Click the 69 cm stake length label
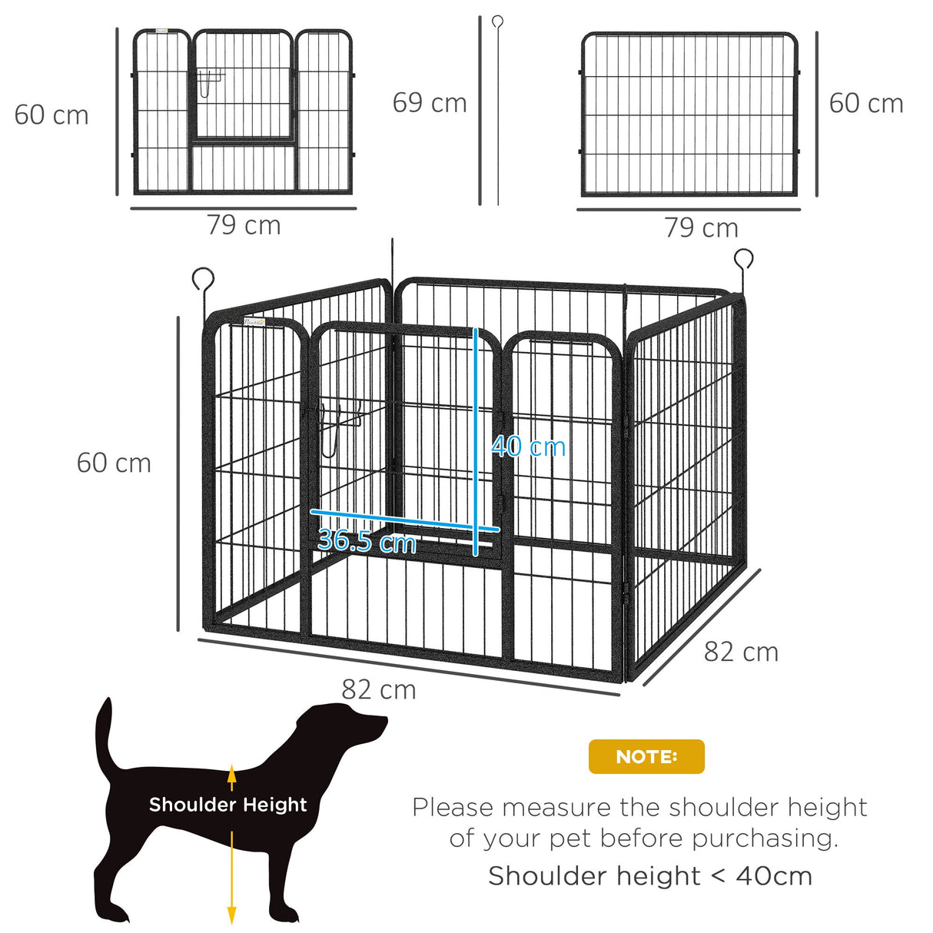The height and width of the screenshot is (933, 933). [x=430, y=103]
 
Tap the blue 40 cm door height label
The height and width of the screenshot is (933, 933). [x=529, y=447]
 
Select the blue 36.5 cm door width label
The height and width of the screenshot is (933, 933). [x=367, y=541]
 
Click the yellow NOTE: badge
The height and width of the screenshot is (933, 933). [x=646, y=757]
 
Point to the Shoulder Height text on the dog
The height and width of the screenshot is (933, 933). [x=227, y=805]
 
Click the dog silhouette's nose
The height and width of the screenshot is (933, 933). [x=383, y=722]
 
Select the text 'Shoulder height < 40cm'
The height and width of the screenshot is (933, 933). [x=650, y=876]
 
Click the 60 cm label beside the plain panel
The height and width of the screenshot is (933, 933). [x=866, y=104]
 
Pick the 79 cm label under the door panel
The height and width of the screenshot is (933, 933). [x=244, y=225]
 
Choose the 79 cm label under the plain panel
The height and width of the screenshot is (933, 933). [x=701, y=227]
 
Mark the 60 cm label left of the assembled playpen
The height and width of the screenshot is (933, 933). [x=114, y=463]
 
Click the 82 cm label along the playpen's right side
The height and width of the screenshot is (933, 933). [x=741, y=652]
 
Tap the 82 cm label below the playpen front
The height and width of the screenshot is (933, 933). [x=379, y=690]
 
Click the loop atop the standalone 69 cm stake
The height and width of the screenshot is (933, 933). [x=497, y=22]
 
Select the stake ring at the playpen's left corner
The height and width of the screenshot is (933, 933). [x=203, y=277]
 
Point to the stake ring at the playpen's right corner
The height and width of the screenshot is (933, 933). [x=743, y=259]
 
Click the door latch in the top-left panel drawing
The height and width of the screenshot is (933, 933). [x=209, y=80]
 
